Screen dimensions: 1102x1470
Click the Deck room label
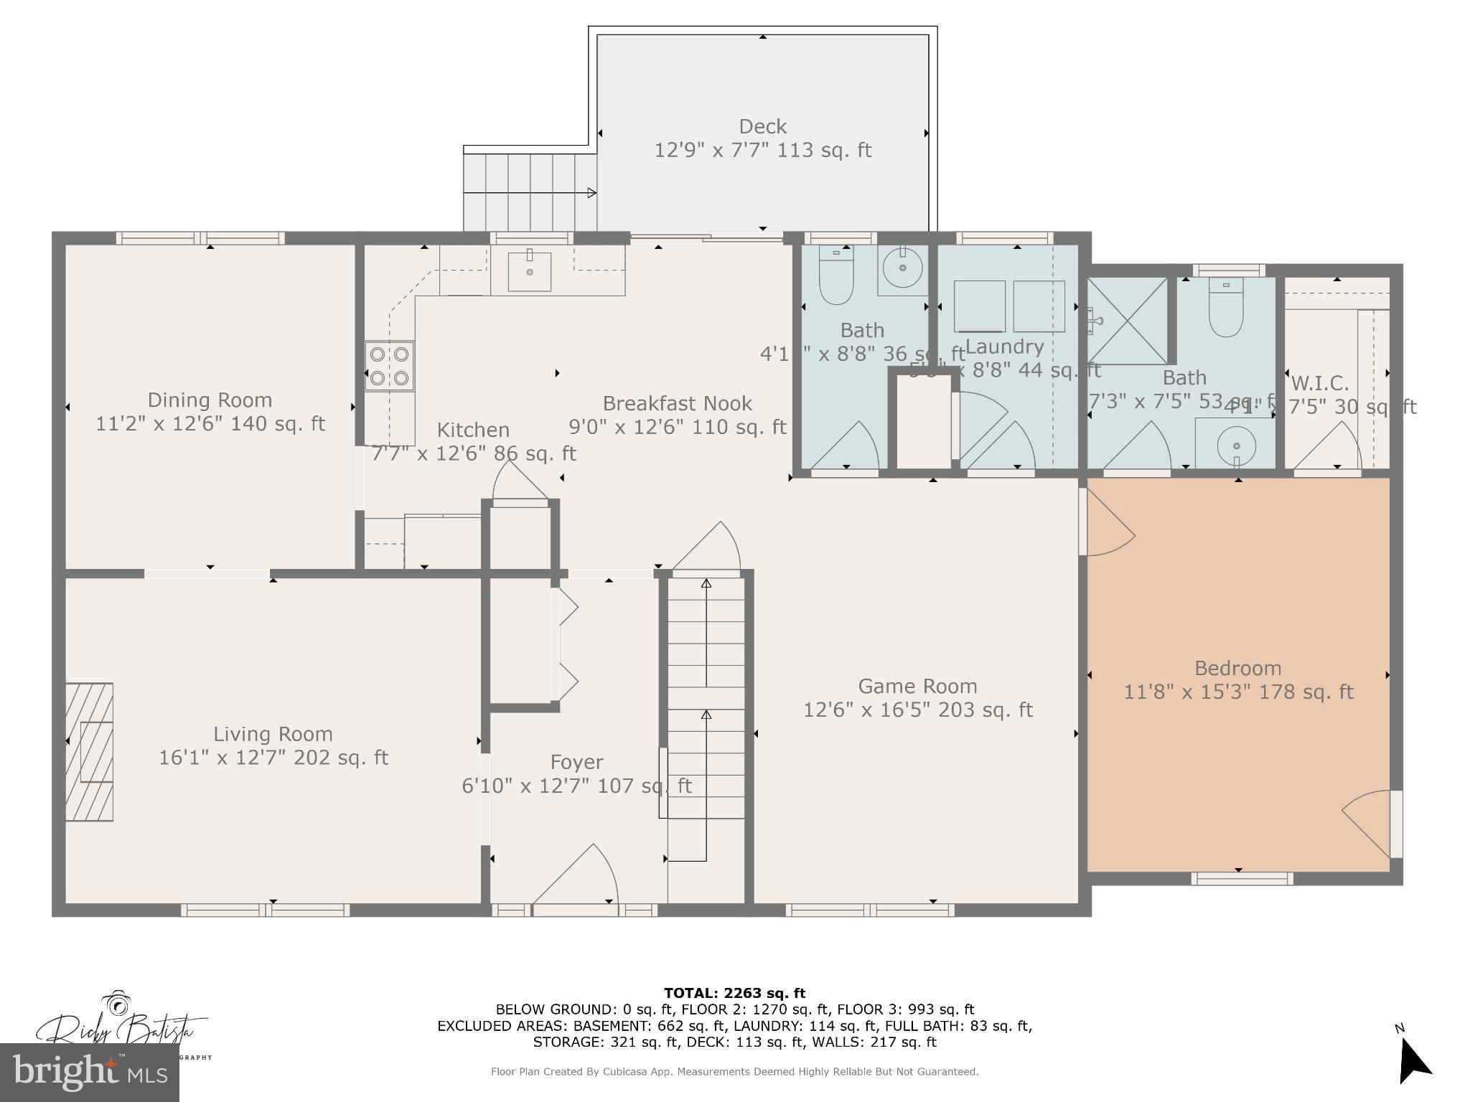click(x=762, y=127)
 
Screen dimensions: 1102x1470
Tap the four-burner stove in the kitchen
click(x=390, y=365)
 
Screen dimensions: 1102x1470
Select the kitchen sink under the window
click(x=530, y=270)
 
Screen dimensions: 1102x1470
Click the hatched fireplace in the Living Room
click(x=90, y=751)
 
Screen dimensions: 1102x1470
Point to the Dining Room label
click(x=210, y=400)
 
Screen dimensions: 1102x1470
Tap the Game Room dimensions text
click(x=917, y=710)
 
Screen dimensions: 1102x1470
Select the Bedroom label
click(x=1237, y=669)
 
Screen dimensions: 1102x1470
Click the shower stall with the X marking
click(x=1127, y=320)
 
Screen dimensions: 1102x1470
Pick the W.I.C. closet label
click(x=1319, y=383)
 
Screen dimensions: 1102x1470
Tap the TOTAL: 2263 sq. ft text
click(x=734, y=993)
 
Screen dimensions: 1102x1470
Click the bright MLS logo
click(x=90, y=1073)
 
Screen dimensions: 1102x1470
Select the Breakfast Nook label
click(x=677, y=404)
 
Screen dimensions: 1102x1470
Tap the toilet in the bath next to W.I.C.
click(x=1226, y=309)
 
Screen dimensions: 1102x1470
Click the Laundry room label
click(x=1004, y=347)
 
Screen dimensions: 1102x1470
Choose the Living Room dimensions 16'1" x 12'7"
click(x=273, y=758)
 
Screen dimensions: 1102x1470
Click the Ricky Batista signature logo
click(x=118, y=1026)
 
